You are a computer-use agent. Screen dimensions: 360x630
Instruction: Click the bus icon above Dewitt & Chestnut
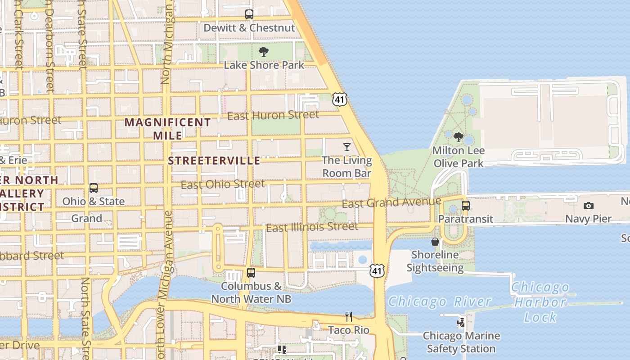(x=249, y=14)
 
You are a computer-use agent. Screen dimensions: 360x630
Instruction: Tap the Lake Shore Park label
(x=264, y=65)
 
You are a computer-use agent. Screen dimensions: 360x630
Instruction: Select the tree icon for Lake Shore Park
(x=264, y=52)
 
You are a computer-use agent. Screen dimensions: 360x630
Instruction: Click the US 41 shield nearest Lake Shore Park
(x=340, y=99)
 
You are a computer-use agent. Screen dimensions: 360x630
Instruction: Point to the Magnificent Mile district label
(x=167, y=129)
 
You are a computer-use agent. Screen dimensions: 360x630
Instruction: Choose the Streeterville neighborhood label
(x=214, y=161)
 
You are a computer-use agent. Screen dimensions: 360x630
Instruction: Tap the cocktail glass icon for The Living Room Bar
(x=347, y=147)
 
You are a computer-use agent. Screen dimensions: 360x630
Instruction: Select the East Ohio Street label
(x=223, y=184)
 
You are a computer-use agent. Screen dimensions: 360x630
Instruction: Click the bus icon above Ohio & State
(x=94, y=188)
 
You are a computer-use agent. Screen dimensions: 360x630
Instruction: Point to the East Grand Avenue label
(x=391, y=202)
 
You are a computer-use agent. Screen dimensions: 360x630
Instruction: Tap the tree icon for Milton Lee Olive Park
(x=459, y=137)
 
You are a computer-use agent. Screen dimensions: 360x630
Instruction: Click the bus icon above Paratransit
(x=466, y=206)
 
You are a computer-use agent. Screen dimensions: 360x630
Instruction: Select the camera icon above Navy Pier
(x=588, y=206)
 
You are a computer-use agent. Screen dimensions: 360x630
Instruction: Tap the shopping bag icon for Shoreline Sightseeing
(x=435, y=242)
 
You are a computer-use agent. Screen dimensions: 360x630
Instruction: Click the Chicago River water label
(x=439, y=301)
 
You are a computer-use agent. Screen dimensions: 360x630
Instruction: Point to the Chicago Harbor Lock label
(x=540, y=302)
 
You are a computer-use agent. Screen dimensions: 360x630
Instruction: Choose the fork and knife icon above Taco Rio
(x=349, y=317)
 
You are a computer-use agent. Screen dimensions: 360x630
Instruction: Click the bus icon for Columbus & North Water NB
(x=251, y=273)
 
